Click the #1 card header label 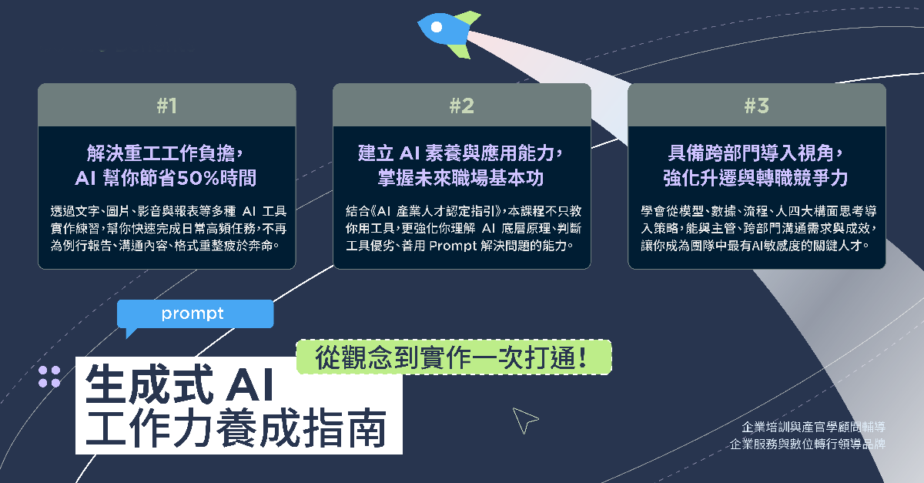[166, 106]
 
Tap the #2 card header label [461, 106]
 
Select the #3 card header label [756, 106]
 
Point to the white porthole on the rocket [437, 27]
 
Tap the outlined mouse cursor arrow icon [524, 420]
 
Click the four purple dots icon [49, 377]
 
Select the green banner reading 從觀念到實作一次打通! [454, 357]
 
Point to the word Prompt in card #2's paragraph [453, 246]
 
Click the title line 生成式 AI [179, 384]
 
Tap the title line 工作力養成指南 [236, 428]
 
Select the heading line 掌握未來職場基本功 [460, 179]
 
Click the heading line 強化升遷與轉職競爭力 [755, 179]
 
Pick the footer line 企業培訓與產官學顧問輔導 [813, 427]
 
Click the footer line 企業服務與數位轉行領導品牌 [808, 444]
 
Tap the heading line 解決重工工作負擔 [164, 153]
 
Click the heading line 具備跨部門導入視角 [755, 153]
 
